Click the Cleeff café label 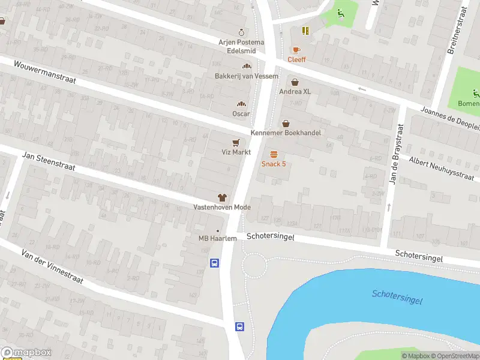click(296, 59)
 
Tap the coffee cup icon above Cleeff click(295, 49)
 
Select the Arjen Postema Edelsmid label click(241, 46)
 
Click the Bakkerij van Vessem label click(247, 76)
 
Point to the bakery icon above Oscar click(241, 103)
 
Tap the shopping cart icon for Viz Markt click(236, 142)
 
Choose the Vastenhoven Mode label click(222, 207)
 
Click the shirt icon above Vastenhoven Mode click(222, 197)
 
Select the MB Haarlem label click(217, 238)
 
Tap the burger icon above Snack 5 click(274, 154)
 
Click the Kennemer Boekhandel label click(286, 133)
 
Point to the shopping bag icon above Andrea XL click(295, 82)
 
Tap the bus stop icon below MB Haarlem click(214, 263)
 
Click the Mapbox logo click(26, 353)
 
